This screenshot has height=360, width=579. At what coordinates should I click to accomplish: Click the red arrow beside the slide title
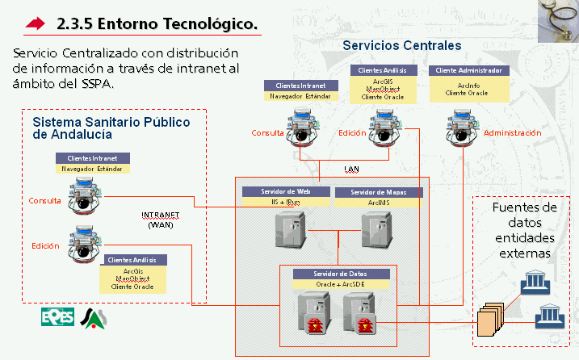[x=36, y=24]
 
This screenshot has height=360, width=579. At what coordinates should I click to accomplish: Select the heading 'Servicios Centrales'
[x=401, y=46]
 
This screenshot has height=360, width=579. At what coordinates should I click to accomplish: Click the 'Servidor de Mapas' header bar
[x=377, y=192]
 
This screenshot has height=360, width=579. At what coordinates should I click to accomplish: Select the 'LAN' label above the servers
[x=351, y=170]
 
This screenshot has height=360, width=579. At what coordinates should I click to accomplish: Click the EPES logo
[x=57, y=317]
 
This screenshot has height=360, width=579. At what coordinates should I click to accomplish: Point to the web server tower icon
[x=287, y=231]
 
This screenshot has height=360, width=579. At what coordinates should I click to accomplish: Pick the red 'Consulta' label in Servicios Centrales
[x=266, y=133]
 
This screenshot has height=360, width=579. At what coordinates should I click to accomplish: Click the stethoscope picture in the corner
[x=556, y=19]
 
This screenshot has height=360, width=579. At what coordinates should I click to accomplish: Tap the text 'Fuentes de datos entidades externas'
[x=524, y=230]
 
